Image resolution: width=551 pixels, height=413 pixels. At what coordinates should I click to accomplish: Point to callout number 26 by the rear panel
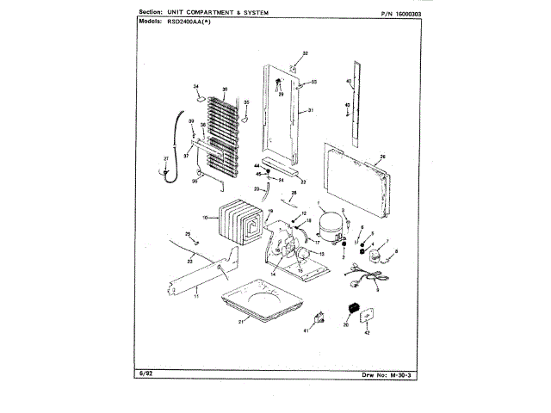382,157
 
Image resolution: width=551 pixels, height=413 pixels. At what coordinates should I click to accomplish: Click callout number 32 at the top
305,54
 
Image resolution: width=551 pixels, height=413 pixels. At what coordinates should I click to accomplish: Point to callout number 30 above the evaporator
225,89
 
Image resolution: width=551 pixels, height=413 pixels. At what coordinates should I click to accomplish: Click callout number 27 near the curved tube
167,159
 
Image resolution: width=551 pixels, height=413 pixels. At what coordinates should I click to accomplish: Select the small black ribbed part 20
351,309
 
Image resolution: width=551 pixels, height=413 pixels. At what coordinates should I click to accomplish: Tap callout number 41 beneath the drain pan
305,330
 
